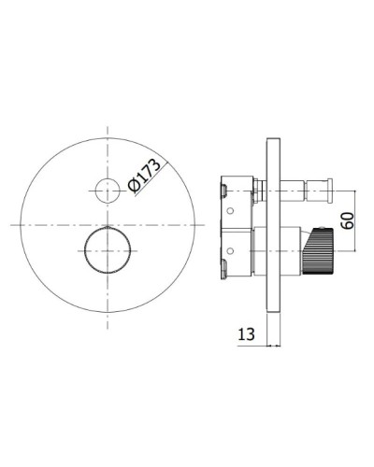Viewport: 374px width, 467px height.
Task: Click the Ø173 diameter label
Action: (x=144, y=176)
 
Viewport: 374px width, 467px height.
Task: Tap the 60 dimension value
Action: (x=348, y=220)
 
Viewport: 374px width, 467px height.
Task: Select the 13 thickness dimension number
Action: (x=246, y=334)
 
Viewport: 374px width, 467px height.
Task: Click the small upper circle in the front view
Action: (x=108, y=191)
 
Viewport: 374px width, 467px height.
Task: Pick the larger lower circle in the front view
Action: (x=108, y=250)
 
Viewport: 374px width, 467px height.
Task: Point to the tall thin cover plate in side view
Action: (x=274, y=224)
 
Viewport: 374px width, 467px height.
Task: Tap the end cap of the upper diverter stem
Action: (x=329, y=191)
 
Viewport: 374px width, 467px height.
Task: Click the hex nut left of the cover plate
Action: (x=256, y=191)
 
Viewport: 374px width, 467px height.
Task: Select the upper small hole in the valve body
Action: (x=230, y=211)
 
